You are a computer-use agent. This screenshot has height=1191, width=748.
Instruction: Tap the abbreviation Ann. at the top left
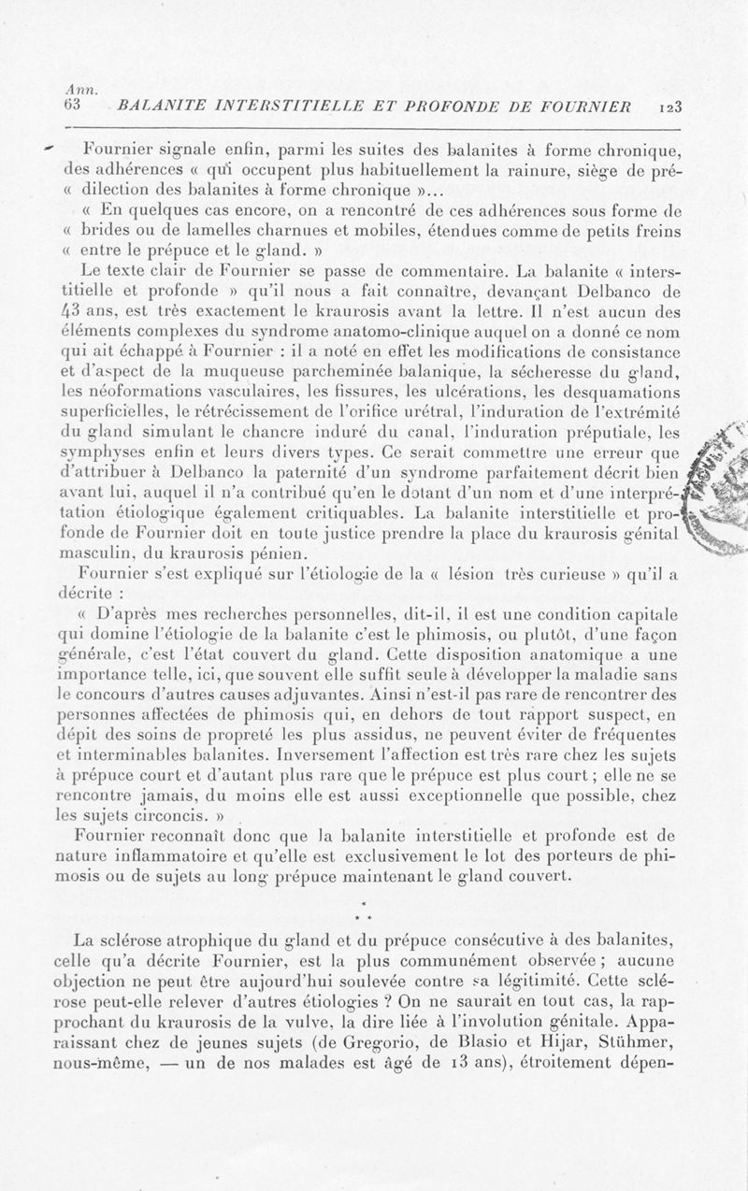pyautogui.click(x=75, y=86)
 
